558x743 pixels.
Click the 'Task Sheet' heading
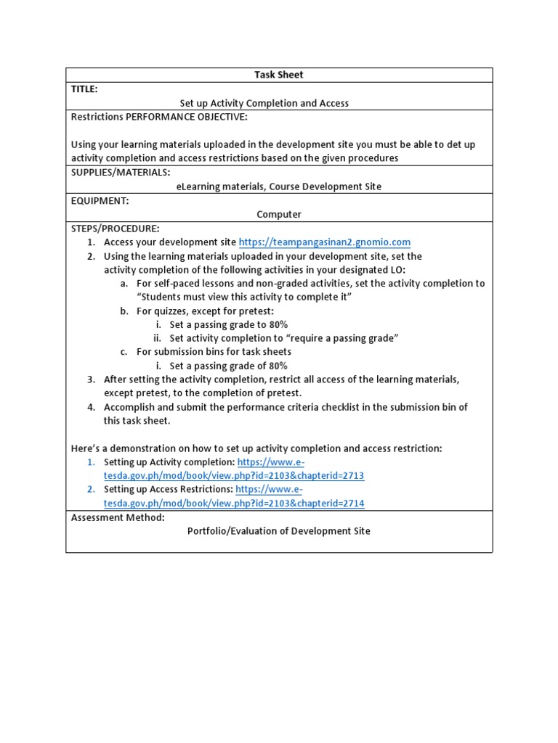click(279, 75)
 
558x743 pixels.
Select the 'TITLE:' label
click(84, 89)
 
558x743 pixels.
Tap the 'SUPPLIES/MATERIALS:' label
click(121, 172)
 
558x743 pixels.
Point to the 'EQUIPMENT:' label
click(100, 200)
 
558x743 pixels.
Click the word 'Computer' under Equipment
click(279, 214)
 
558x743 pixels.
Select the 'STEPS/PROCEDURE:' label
click(115, 229)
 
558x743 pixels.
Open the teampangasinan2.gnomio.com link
click(325, 242)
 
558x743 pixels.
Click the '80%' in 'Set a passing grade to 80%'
click(275, 324)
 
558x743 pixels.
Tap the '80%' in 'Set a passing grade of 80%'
click(275, 366)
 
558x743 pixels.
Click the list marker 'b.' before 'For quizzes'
click(124, 311)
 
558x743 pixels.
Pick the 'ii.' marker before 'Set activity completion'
click(157, 338)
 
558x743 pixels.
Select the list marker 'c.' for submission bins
click(124, 352)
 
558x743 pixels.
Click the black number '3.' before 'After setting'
click(92, 379)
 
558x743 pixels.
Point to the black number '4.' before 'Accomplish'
click(92, 407)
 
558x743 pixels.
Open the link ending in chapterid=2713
click(234, 476)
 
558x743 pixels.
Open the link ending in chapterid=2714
click(234, 504)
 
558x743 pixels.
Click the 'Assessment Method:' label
click(118, 517)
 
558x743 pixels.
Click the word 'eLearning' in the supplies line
click(198, 186)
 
